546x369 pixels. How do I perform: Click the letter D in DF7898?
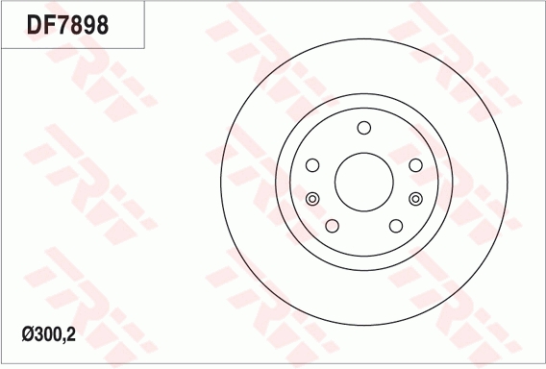pos(35,25)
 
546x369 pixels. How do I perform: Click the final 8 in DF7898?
pos(102,25)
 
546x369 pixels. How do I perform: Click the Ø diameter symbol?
pos(28,334)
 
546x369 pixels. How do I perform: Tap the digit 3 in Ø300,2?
pos(39,334)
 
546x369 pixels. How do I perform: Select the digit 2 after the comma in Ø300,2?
pos(71,334)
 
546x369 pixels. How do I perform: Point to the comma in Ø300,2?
pos(63,339)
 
